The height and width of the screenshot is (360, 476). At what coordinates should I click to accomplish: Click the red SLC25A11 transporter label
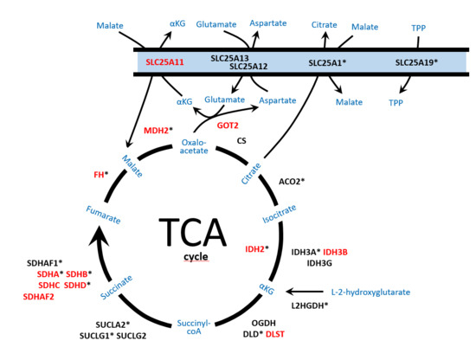pyautogui.click(x=164, y=63)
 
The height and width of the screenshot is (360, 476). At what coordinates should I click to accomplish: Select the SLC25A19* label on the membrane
pyautogui.click(x=416, y=63)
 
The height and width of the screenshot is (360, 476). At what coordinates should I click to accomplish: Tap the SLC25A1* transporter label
pyautogui.click(x=328, y=63)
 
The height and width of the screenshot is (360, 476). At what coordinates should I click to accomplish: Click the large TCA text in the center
pyautogui.click(x=192, y=233)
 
